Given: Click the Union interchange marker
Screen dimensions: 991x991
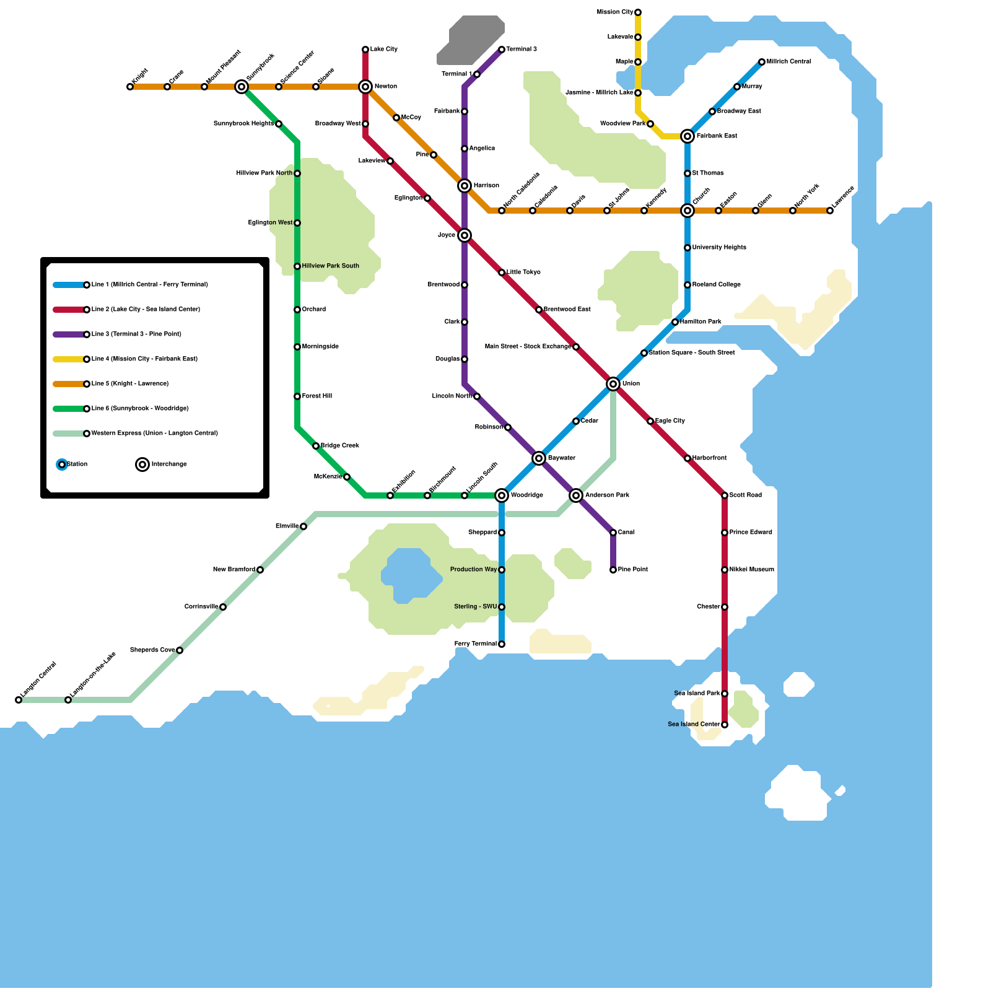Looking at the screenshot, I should (613, 384).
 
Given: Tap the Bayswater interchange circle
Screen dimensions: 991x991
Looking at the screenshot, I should (539, 458).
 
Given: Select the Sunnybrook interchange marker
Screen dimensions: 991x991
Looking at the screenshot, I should (242, 87).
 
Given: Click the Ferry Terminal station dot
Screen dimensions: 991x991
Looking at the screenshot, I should (502, 644).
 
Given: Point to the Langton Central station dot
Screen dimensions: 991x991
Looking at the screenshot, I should (19, 700).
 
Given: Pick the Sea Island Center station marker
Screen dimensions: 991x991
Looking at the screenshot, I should (725, 725).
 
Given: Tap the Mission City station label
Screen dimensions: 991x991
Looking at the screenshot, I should (614, 12).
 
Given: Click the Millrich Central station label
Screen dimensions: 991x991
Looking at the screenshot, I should (788, 62).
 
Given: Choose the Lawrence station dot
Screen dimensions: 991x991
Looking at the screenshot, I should (830, 211).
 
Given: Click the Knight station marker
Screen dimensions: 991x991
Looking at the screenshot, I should (130, 87).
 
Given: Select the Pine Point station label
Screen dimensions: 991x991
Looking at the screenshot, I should (632, 570).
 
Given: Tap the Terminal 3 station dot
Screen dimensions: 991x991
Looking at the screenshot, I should (502, 50).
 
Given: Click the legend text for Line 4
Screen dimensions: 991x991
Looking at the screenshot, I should (144, 359).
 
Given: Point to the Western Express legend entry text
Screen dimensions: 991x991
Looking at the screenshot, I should (154, 434).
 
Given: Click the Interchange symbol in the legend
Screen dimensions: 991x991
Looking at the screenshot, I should (142, 465).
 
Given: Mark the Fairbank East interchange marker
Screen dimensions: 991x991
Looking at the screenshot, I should (688, 136).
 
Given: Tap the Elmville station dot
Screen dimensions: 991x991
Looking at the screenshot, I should (303, 526).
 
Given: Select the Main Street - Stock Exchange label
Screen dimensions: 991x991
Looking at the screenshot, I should (528, 347).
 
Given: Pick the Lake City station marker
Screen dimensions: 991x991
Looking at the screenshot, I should (365, 50).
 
